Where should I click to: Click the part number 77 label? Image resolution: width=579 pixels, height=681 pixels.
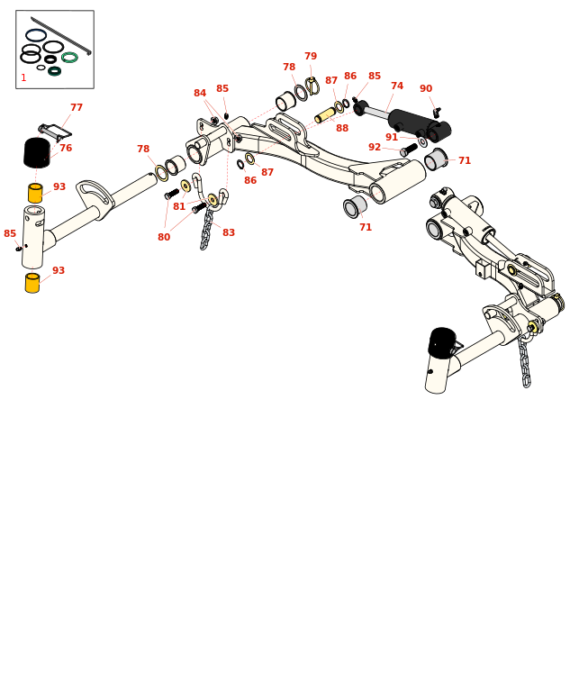click(x=77, y=108)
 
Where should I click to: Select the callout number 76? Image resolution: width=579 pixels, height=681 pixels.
click(x=66, y=149)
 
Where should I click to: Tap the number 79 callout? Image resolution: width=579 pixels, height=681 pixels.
click(x=311, y=57)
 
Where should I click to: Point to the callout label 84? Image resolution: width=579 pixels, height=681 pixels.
click(x=200, y=94)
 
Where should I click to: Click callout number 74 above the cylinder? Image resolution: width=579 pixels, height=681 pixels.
click(x=397, y=86)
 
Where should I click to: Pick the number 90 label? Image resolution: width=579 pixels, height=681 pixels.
click(x=426, y=89)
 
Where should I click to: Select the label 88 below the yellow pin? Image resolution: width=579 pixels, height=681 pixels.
click(x=342, y=129)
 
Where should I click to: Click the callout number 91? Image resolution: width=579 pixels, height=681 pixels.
click(x=392, y=138)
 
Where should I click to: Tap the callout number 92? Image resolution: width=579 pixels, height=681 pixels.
click(x=375, y=148)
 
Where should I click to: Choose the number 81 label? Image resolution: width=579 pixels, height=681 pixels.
click(x=179, y=207)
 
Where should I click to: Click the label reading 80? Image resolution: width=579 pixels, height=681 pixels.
click(x=164, y=238)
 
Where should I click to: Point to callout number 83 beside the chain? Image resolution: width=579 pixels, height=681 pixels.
click(x=229, y=233)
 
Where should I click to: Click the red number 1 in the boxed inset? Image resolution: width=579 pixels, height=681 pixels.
click(x=23, y=78)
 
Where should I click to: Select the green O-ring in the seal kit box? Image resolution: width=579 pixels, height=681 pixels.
click(x=69, y=58)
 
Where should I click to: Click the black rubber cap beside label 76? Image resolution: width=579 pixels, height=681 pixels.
click(x=37, y=152)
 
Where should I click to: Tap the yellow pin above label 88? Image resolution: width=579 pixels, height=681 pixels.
click(x=325, y=115)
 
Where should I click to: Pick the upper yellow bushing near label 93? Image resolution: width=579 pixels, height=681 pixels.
click(x=35, y=193)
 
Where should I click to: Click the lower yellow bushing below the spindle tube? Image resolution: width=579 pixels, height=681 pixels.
click(x=32, y=283)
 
